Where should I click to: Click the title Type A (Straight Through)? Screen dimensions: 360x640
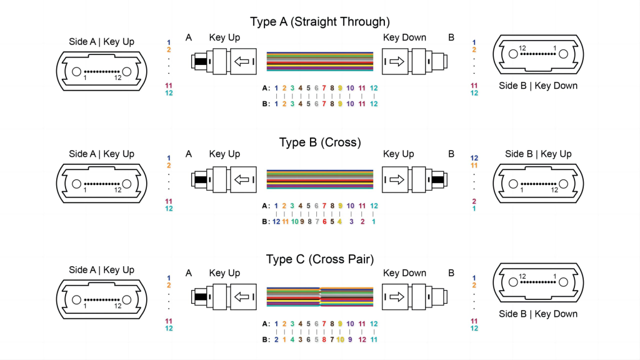pyautogui.click(x=320, y=22)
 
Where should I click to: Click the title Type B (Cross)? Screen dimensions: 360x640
pyautogui.click(x=320, y=142)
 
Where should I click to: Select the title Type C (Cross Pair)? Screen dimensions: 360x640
pyautogui.click(x=320, y=259)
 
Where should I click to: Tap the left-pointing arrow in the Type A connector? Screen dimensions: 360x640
pyautogui.click(x=241, y=61)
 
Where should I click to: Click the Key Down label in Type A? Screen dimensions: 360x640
pyautogui.click(x=404, y=37)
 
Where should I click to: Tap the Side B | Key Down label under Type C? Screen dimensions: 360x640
pyautogui.click(x=538, y=314)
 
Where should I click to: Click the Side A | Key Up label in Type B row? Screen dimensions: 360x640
pyautogui.click(x=101, y=154)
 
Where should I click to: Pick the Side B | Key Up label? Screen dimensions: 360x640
pyautogui.click(x=538, y=154)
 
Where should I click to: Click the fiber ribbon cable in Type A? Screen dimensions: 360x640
pyautogui.click(x=320, y=61)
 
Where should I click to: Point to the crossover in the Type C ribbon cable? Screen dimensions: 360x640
pyautogui.click(x=320, y=296)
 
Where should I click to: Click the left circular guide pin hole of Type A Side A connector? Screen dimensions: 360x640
pyautogui.click(x=76, y=72)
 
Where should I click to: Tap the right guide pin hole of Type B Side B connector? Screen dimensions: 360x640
pyautogui.click(x=564, y=184)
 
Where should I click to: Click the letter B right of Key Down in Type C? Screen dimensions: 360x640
pyautogui.click(x=451, y=273)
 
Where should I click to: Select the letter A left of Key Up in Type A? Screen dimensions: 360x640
pyautogui.click(x=189, y=37)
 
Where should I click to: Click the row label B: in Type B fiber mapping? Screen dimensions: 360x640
pyautogui.click(x=266, y=221)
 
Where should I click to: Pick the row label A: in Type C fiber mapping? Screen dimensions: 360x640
pyautogui.click(x=266, y=324)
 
